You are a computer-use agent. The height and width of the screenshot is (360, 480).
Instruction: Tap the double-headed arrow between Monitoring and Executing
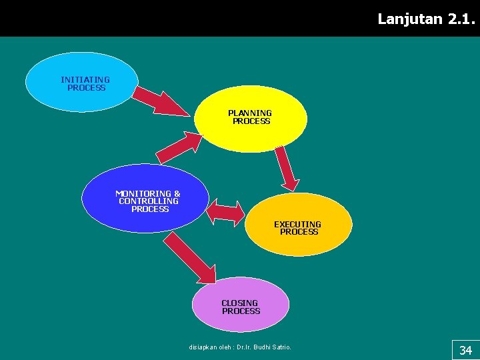click(227, 213)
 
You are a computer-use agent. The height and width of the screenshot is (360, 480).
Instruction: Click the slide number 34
click(465, 350)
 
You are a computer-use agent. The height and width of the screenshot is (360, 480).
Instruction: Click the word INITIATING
click(85, 79)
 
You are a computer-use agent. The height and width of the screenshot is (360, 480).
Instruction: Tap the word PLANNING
click(250, 113)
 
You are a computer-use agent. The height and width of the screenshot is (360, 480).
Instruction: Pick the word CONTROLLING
click(149, 201)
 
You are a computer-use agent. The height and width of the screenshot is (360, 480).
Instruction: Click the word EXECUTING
click(297, 224)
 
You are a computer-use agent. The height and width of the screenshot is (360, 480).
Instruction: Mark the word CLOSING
click(239, 303)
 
